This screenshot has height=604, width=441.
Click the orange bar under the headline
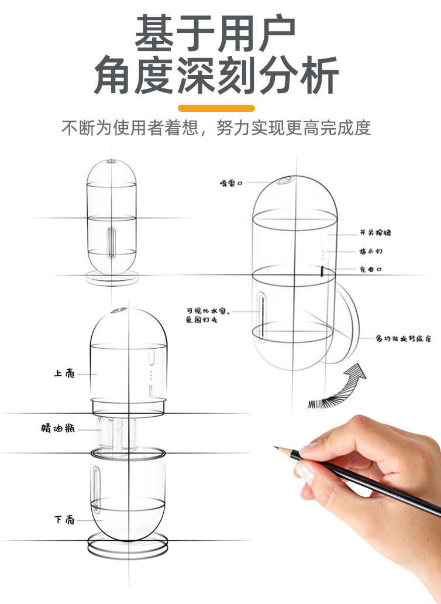point(216,108)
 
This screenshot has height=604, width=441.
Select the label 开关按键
point(375,233)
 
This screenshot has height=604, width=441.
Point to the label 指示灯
point(371,251)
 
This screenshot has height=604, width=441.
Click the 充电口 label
point(370,269)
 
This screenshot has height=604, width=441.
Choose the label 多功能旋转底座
point(404,339)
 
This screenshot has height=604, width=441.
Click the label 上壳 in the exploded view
point(64,373)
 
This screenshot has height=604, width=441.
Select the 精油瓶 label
point(58,428)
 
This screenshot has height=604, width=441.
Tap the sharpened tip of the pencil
point(276,448)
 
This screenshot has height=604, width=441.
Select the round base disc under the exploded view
point(128,545)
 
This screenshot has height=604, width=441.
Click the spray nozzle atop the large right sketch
point(285,181)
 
